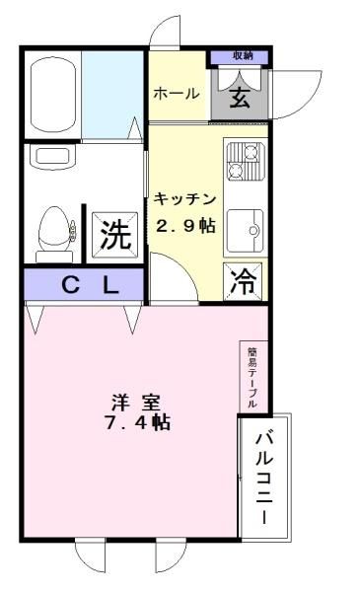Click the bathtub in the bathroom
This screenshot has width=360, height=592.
point(53,94)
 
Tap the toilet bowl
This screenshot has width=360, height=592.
point(55,229)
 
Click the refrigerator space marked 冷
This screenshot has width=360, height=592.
point(243,281)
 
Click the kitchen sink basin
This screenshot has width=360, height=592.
point(246,230)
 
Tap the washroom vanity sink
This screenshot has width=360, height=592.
point(52,157)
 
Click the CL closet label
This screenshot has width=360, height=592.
point(90,286)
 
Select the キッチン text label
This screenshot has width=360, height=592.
point(184,199)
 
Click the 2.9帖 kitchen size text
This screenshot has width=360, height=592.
point(185,226)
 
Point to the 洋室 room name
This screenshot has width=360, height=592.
point(136,403)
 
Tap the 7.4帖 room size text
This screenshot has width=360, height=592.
point(137,422)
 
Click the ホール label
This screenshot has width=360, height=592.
point(176,94)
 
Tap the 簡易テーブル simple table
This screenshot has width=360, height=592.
point(253,377)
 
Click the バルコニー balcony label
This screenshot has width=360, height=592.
point(264,479)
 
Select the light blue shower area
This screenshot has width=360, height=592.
point(112,95)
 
